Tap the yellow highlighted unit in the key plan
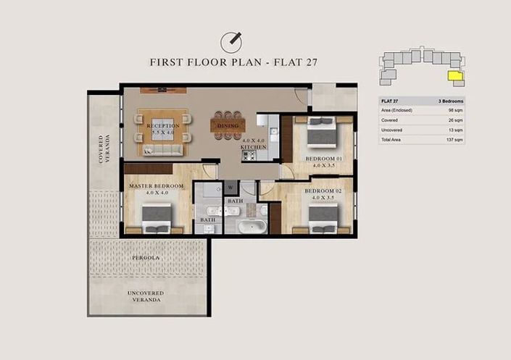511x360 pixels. click(455, 75)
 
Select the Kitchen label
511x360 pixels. click(254, 147)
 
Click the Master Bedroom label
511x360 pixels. click(157, 186)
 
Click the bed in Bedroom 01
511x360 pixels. click(319, 135)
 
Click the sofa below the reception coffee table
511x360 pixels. click(162, 149)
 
